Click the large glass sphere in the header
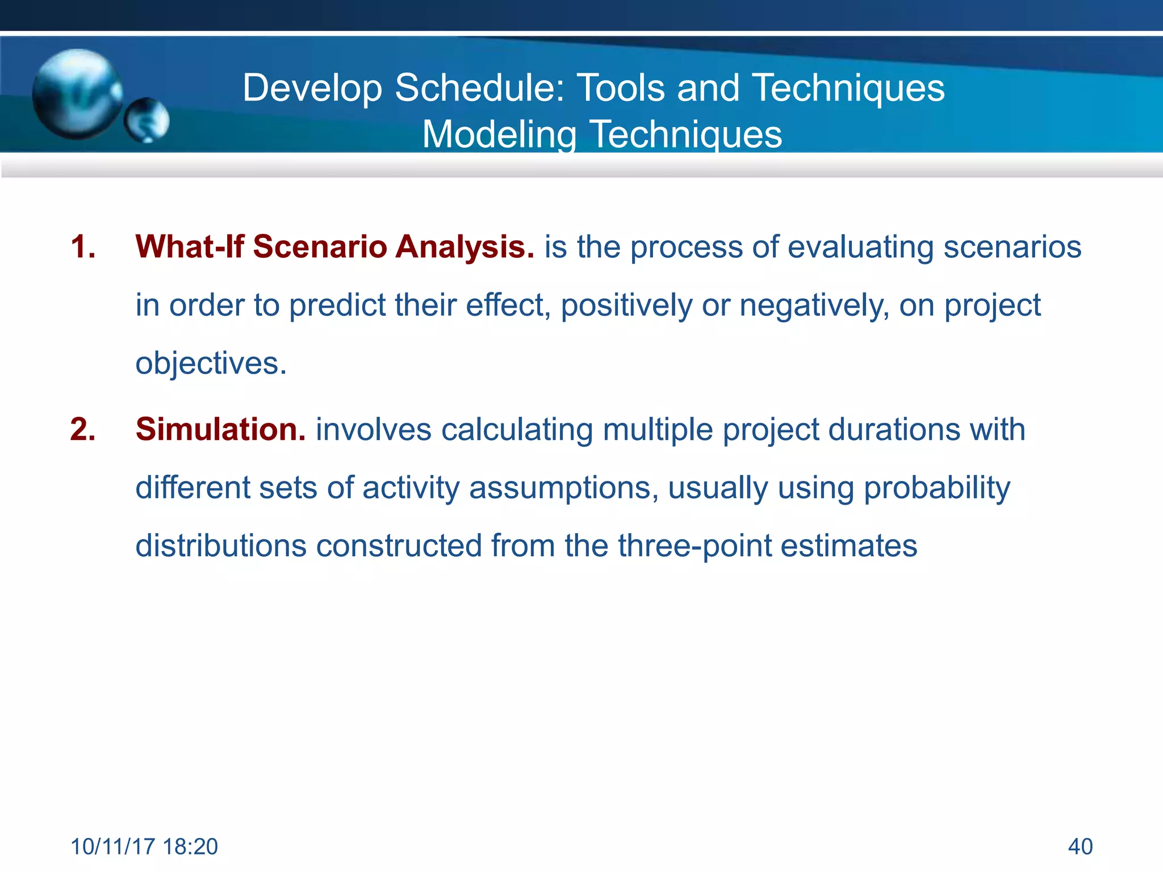tap(77, 94)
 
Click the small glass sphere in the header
tap(147, 120)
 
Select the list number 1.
tap(83, 247)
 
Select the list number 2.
tap(83, 429)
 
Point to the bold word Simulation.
tap(220, 429)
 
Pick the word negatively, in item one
tap(814, 305)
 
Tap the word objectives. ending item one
tap(211, 363)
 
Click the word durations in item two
tap(894, 429)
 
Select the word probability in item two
tap(937, 488)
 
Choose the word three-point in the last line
tap(695, 546)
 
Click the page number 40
tap(1080, 846)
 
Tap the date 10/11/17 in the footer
tap(112, 846)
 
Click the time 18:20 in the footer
tap(190, 846)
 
